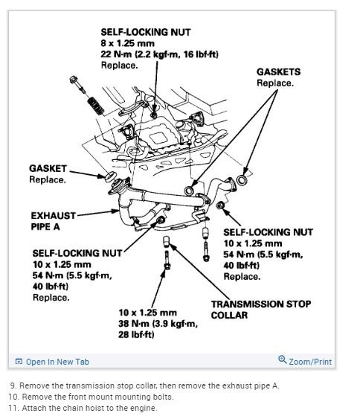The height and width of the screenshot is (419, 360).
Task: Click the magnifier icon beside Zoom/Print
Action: click(283, 359)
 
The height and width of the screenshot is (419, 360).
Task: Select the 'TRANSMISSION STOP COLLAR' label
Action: click(260, 310)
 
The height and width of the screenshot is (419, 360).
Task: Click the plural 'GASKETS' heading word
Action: click(278, 72)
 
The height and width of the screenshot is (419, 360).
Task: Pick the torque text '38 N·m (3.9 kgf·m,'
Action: click(158, 324)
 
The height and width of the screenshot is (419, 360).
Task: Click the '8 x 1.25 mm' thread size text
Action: click(128, 43)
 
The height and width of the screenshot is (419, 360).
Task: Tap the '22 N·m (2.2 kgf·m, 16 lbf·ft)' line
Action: click(159, 54)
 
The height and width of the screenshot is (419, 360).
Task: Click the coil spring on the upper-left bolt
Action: click(96, 106)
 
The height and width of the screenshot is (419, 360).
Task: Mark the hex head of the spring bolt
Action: click(74, 80)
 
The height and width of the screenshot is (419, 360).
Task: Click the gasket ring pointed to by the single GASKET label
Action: click(110, 177)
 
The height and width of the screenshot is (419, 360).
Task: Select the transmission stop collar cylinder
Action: click(166, 242)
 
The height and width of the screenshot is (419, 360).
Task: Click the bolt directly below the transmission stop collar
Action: click(167, 260)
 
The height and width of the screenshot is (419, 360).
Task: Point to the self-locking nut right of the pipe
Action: click(220, 205)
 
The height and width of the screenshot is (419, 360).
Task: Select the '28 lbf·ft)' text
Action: click(136, 335)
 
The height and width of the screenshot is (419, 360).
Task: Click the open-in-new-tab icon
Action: click(19, 362)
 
